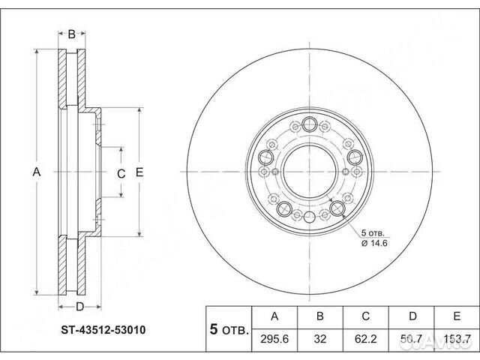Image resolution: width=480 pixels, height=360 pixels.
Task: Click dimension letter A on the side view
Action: (x=35, y=172)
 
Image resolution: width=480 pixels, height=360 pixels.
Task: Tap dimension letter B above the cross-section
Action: (x=72, y=34)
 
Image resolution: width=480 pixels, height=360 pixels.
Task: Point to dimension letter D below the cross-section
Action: (x=79, y=306)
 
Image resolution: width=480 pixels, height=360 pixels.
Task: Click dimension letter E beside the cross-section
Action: (x=139, y=172)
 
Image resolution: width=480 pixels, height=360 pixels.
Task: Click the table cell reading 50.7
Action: (x=408, y=340)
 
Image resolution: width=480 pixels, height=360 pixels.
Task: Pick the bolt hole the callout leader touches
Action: (x=337, y=208)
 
